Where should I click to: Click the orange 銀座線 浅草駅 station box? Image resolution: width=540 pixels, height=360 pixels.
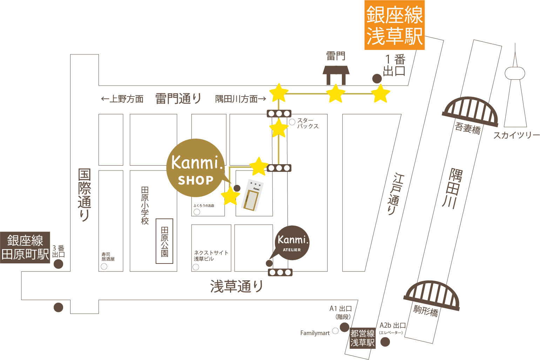pos(394,25)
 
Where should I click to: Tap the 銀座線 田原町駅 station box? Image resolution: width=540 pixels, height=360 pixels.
pos(25,247)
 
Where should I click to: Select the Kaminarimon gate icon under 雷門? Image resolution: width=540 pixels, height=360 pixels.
pos(336,75)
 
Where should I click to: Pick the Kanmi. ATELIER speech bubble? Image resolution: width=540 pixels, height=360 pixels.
pos(292,243)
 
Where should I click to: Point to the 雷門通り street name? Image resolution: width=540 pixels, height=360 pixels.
pos(178,99)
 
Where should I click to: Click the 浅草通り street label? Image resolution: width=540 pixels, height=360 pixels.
pos(237,287)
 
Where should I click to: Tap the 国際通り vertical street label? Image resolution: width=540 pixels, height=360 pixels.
pos(84,195)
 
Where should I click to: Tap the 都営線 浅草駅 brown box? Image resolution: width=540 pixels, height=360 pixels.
pos(363,338)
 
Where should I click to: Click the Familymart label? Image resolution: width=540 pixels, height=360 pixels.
pos(315,333)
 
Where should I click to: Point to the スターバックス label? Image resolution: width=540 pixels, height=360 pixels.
pos(308,123)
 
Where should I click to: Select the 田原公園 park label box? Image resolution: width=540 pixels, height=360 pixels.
pos(164,241)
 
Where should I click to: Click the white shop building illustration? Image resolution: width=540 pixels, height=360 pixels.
pos(253,195)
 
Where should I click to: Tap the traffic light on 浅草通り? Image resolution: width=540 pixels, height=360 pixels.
pos(280,272)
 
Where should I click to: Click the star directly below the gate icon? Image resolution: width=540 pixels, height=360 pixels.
pos(336,94)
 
